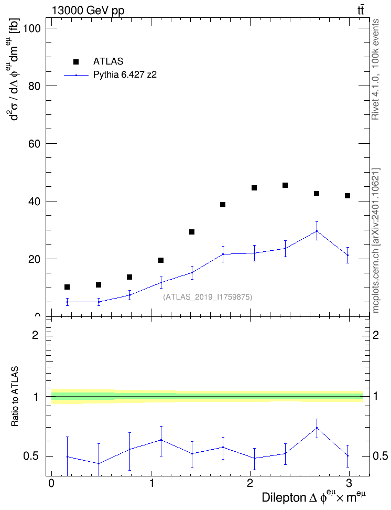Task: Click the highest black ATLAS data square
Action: [285, 185]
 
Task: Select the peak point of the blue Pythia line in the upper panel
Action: [317, 231]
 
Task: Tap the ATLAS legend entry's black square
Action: [76, 61]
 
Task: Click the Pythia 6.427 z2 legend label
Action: [125, 75]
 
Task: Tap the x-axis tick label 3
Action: [349, 483]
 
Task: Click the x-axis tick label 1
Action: [151, 483]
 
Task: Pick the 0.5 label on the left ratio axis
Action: [31, 456]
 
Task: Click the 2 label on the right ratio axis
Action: [376, 335]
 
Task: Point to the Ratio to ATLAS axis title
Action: [15, 396]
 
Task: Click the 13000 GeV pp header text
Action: [88, 11]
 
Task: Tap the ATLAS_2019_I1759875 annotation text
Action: [208, 296]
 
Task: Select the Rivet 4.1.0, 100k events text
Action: [375, 69]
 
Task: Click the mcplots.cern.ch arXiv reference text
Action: [376, 240]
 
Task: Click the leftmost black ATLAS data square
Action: [67, 287]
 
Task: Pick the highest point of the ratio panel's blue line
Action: [317, 428]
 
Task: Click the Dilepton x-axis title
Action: [314, 497]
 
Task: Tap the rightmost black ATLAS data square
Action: [347, 196]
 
